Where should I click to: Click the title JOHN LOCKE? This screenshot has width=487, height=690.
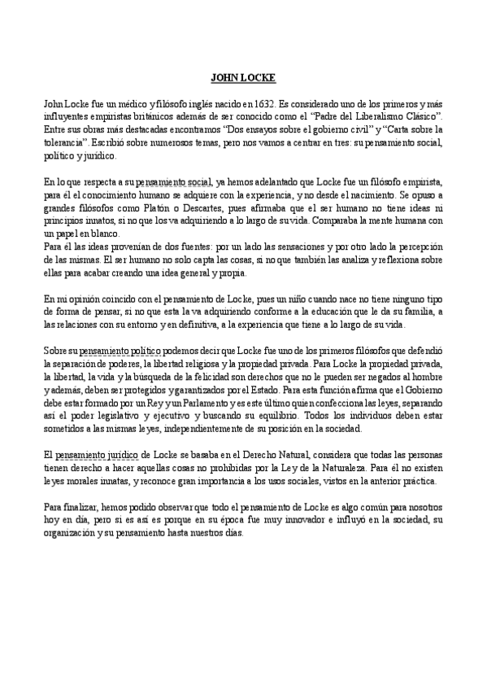(243, 78)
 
